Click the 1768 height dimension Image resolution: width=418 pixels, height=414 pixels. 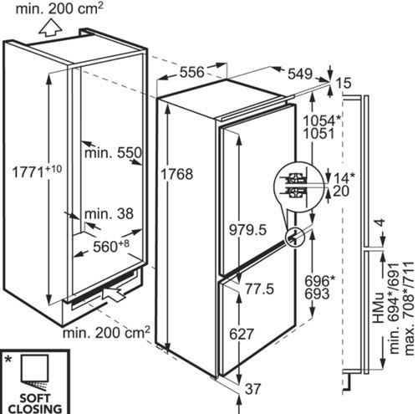point(177,174)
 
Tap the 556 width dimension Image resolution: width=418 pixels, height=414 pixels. point(192,72)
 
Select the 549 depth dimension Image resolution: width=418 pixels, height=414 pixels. point(300,74)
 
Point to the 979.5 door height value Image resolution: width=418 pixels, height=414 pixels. point(247,230)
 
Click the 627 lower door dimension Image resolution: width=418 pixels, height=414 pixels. point(242,334)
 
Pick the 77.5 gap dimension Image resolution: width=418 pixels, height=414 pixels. point(259,289)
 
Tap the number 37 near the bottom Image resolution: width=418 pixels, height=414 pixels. point(252,389)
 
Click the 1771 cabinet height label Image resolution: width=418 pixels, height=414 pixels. point(37,171)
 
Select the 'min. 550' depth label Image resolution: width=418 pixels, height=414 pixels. point(113,153)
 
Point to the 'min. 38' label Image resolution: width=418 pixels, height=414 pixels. point(109,214)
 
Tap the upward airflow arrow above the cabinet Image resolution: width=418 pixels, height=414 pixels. point(50,28)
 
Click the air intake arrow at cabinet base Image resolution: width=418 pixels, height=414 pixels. point(114,293)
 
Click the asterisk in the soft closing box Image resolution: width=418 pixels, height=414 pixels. point(9,360)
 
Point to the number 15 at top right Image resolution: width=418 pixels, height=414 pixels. point(344,84)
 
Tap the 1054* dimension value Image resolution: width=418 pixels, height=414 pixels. point(322,120)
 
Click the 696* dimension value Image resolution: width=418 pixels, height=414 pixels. point(319,281)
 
